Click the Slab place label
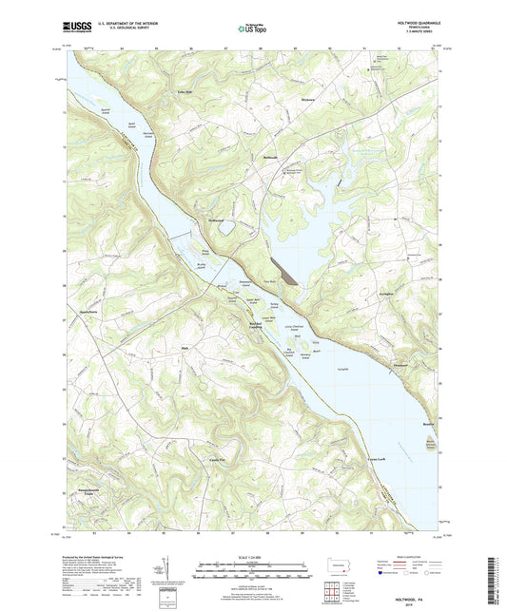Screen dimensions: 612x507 pos(186,348)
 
